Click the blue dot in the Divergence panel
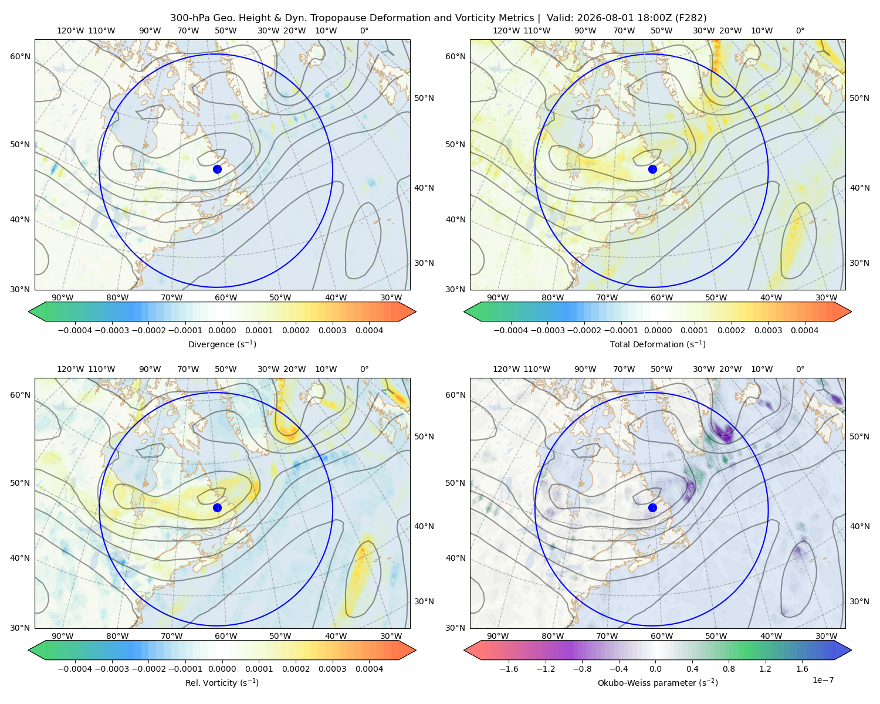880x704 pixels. coord(217,169)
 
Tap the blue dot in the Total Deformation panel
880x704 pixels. coord(652,169)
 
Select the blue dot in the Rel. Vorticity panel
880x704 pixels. coord(217,507)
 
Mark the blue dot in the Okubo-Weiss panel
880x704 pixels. coord(652,507)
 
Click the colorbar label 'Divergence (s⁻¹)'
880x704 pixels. coord(222,344)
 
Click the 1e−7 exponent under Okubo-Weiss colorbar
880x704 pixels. coord(823,680)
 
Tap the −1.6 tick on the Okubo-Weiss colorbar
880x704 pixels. coord(509,668)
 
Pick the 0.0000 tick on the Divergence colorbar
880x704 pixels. coord(222,330)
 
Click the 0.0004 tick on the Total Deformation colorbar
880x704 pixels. coord(804,330)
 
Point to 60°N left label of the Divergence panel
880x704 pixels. coord(20,56)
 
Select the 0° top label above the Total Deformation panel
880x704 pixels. coord(800,31)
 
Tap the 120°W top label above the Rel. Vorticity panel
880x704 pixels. coord(70,368)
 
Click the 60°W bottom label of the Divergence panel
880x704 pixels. coord(226,297)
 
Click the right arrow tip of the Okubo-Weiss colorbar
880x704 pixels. coord(851,650)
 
